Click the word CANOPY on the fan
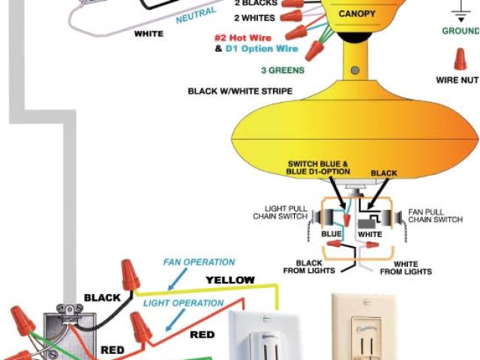(x=358, y=14)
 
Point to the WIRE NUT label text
(x=456, y=79)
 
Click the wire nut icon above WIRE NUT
(x=459, y=58)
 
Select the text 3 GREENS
(x=282, y=70)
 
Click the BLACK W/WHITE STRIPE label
(x=240, y=91)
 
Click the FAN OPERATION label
(x=199, y=262)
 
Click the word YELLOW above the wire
(x=230, y=280)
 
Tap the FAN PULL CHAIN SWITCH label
(x=435, y=216)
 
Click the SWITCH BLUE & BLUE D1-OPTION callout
(x=319, y=168)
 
